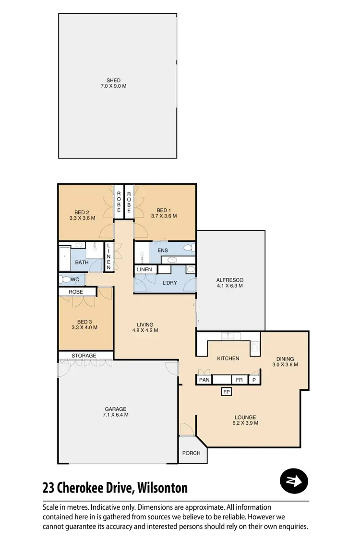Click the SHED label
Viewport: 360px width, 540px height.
[114, 80]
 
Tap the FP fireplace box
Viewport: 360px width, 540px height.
[227, 392]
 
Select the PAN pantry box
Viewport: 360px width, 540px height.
[204, 380]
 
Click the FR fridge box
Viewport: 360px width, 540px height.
[239, 380]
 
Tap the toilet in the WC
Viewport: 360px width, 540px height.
[63, 279]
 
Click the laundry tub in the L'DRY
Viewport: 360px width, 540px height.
[190, 270]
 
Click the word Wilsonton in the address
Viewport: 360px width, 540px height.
[162, 488]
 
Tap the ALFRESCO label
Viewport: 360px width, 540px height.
[230, 280]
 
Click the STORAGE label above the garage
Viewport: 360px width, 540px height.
[84, 356]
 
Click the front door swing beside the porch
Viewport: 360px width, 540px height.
[186, 429]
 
